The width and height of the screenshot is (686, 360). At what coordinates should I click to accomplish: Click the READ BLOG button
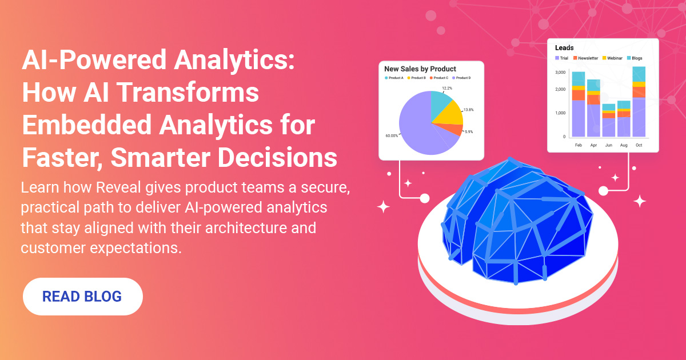coord(82,297)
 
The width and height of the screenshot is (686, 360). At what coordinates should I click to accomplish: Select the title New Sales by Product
coord(420,69)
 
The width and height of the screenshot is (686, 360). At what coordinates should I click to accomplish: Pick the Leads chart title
coord(564,48)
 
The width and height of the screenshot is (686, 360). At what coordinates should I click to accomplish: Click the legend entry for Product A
coord(395,78)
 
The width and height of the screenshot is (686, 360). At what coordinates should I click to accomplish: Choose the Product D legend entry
coord(461,78)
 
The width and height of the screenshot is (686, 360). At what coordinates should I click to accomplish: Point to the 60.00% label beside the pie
coord(392,135)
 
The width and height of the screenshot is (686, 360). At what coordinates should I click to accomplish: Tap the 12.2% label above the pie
coord(446,88)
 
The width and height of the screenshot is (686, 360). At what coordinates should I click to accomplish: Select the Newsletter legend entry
coord(585,58)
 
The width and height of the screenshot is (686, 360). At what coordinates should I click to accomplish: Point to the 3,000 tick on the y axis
coord(560,73)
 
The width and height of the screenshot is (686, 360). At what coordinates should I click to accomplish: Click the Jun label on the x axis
coord(608,146)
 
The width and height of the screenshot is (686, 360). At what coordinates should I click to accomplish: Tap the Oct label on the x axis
coord(639,146)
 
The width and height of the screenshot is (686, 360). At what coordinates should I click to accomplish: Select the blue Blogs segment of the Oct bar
coord(639,74)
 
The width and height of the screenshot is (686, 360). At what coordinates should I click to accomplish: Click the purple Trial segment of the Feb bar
coord(578,118)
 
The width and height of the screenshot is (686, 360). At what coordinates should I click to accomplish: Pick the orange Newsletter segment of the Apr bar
coord(593,99)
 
